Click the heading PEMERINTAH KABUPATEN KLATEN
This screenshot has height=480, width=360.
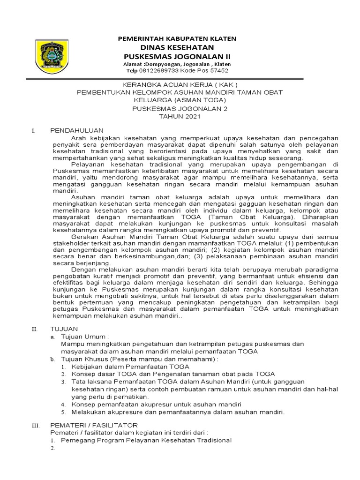tap(177, 38)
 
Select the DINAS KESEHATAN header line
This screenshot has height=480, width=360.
tap(177, 47)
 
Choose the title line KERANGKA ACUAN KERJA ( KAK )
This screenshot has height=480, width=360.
tap(180, 85)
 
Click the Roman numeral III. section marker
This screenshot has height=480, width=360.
tap(35, 425)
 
